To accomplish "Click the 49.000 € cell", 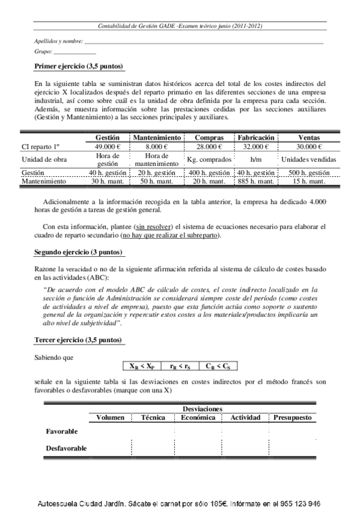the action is [108, 146].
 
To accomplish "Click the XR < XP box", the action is [141, 365].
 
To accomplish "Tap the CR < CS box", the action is [218, 365].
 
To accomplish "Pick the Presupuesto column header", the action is [293, 417].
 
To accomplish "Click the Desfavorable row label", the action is [66, 448].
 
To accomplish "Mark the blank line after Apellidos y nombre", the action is [204, 41].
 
